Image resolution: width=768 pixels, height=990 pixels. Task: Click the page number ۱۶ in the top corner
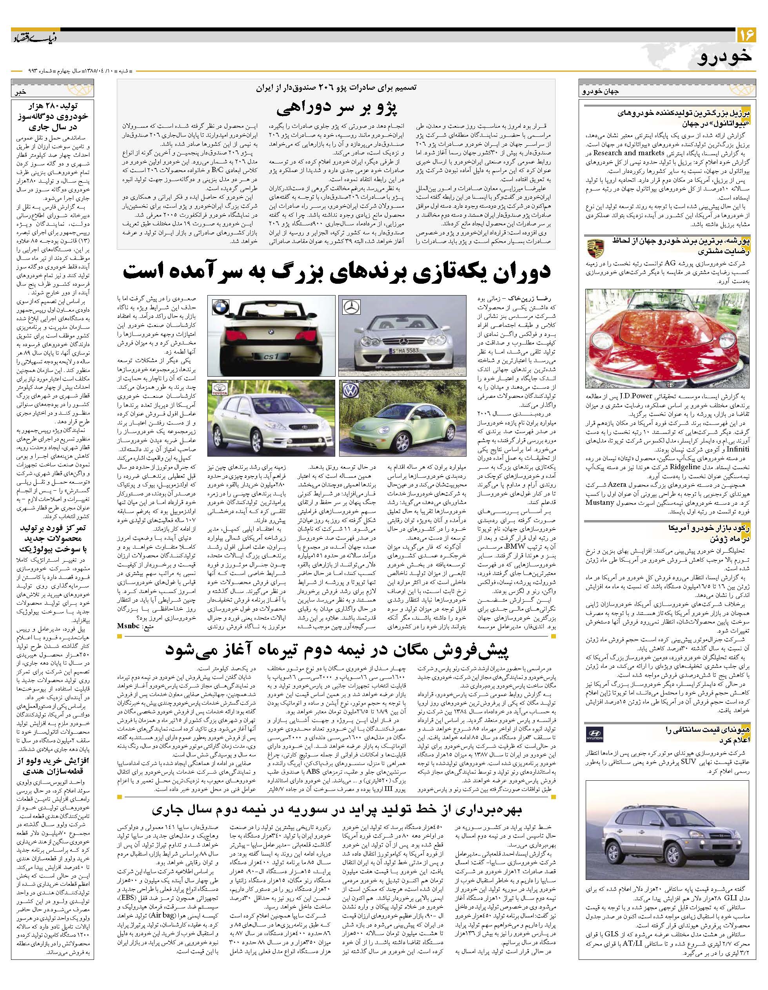(746, 35)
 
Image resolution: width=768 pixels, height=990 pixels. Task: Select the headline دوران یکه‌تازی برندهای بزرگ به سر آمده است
(336, 272)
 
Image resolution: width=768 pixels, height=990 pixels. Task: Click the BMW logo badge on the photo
(221, 307)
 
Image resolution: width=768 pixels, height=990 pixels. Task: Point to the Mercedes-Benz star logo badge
(351, 307)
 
